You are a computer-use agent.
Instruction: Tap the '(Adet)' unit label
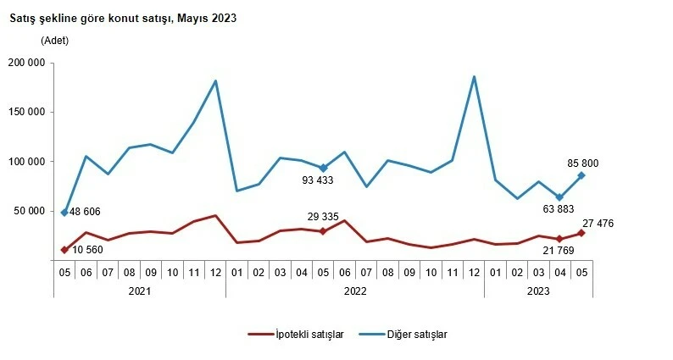pyautogui.click(x=54, y=40)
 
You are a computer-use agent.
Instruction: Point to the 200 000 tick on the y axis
pyautogui.click(x=27, y=63)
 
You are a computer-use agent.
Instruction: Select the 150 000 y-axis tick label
pyautogui.click(x=27, y=112)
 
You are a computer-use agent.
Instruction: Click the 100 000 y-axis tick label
pyautogui.click(x=27, y=161)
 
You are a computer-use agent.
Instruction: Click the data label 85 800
pyautogui.click(x=584, y=163)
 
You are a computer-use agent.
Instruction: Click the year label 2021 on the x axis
pyautogui.click(x=140, y=290)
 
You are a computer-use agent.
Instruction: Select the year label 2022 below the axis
pyautogui.click(x=355, y=290)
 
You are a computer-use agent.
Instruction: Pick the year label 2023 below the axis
pyautogui.click(x=538, y=290)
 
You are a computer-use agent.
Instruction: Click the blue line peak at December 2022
pyautogui.click(x=474, y=77)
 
